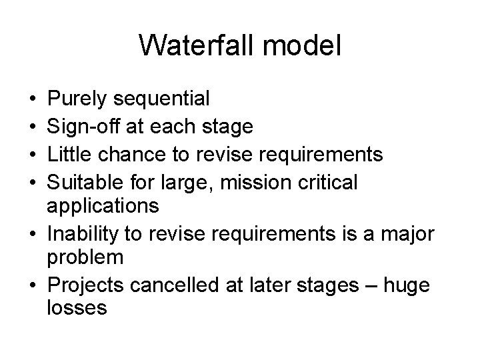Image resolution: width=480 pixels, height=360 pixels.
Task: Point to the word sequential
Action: coord(162,100)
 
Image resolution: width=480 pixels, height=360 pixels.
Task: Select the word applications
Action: coord(103,206)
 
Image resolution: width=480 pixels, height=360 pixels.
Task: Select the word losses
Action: coord(77,309)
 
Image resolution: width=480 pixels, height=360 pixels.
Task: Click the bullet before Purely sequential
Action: coord(33,101)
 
